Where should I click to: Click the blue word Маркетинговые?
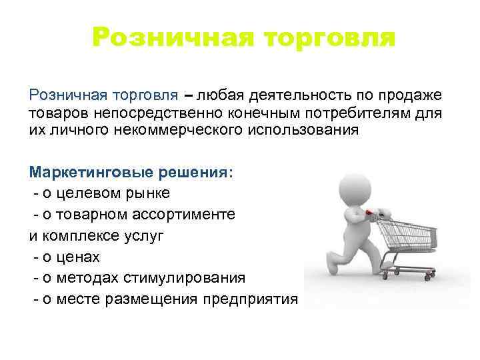tap(91, 172)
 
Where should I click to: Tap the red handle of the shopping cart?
tap(383, 214)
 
